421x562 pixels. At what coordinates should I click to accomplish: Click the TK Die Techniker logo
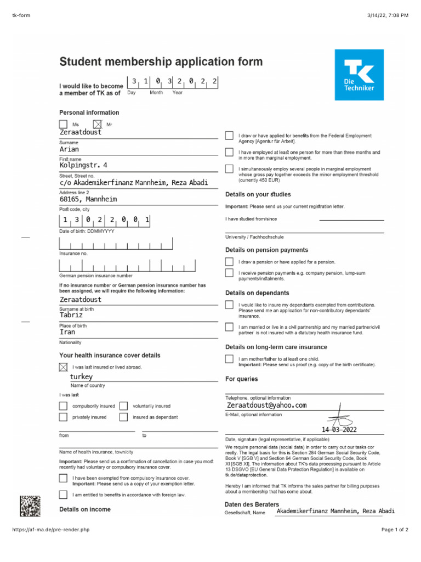tap(359, 75)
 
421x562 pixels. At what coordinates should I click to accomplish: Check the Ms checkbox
tap(64, 125)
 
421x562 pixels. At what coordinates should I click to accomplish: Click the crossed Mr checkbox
tap(98, 125)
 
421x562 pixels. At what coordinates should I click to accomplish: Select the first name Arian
tap(70, 149)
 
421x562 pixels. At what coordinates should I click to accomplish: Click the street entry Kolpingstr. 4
tap(83, 165)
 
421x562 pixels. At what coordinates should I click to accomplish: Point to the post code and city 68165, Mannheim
tap(88, 199)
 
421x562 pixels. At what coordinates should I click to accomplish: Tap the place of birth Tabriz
tap(71, 315)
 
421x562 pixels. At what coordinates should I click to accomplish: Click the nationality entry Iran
tap(67, 332)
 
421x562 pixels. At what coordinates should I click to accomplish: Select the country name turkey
tap(81, 377)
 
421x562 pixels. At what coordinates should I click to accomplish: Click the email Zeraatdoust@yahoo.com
tap(266, 405)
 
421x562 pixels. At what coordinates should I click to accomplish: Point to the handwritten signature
tap(340, 415)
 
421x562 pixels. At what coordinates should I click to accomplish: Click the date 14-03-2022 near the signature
tap(343, 430)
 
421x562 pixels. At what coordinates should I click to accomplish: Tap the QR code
tap(30, 505)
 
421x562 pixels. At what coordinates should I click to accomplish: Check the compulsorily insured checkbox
tap(64, 406)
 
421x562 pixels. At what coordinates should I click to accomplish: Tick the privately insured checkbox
tap(64, 417)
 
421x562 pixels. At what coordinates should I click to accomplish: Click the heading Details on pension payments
tap(266, 250)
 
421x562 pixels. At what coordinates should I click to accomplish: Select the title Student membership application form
tap(161, 61)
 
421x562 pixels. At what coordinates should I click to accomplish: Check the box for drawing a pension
tap(229, 262)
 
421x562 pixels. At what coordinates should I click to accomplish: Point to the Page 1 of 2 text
tap(394, 530)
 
